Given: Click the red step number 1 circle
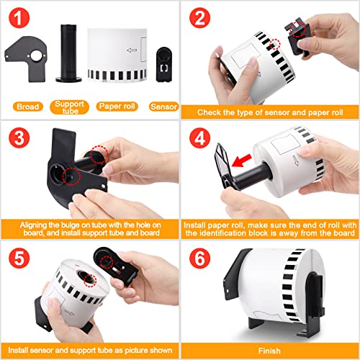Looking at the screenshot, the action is pyautogui.click(x=19, y=18).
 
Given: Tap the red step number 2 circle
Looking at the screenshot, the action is pyautogui.click(x=199, y=18).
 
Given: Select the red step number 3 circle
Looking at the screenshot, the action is pyautogui.click(x=19, y=138).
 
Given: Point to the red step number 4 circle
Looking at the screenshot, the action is pyautogui.click(x=199, y=138).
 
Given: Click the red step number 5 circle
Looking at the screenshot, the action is pyautogui.click(x=19, y=258).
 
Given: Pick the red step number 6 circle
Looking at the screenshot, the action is pyautogui.click(x=199, y=258).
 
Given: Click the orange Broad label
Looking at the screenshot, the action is pyautogui.click(x=28, y=107).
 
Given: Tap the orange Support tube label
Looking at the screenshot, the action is pyautogui.click(x=69, y=107).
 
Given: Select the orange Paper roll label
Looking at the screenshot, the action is pyautogui.click(x=117, y=107).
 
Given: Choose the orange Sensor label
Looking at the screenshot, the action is pyautogui.click(x=163, y=107).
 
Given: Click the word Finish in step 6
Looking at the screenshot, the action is pyautogui.click(x=269, y=351).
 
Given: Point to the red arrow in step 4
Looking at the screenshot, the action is pyautogui.click(x=241, y=161).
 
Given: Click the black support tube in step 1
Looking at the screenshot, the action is pyautogui.click(x=68, y=53).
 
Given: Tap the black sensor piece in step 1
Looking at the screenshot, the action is pyautogui.click(x=164, y=64).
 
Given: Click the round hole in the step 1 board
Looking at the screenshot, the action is pyautogui.click(x=36, y=56).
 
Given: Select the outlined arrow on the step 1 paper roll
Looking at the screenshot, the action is pyautogui.click(x=132, y=50).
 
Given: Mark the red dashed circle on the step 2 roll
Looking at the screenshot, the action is pyautogui.click(x=275, y=44).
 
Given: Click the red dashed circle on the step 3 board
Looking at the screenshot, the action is pyautogui.click(x=71, y=176).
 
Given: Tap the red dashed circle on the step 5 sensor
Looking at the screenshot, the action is pyautogui.click(x=107, y=262).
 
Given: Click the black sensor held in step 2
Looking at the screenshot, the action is pyautogui.click(x=297, y=37).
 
